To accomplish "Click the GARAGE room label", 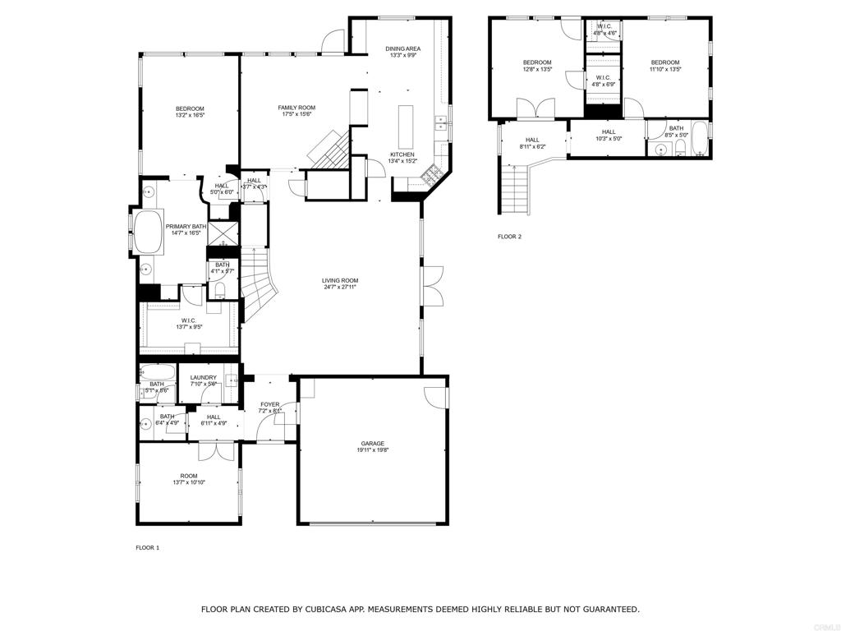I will pos(372,444).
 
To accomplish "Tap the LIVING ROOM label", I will pos(340,281).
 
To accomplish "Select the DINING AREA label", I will pos(403,49).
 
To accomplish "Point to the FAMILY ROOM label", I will pos(296,108).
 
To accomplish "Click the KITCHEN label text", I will pos(402,154).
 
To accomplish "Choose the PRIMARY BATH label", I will pos(186,227).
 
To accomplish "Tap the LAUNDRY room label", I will pos(203,378).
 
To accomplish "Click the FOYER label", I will pos(270,404).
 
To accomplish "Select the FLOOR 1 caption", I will pos(148,547).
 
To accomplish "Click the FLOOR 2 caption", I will pos(509,237).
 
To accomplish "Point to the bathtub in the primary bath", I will pos(149,233).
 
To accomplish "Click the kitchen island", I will pos(406,124).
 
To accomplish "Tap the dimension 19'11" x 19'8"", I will pos(372,450).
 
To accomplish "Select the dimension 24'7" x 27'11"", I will pos(340,288).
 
